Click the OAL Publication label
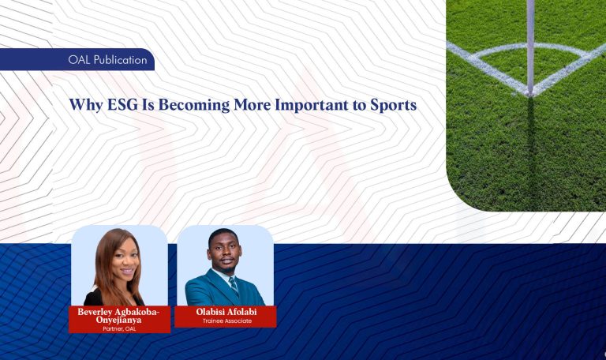point(108,60)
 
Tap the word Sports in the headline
point(393,104)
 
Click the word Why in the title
point(84,104)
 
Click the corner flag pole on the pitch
point(531,43)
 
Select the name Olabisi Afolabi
point(226,312)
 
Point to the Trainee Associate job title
point(226,321)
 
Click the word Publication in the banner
point(120,60)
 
